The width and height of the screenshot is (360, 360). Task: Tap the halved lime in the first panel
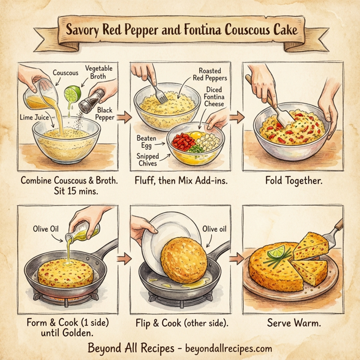(73, 94)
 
